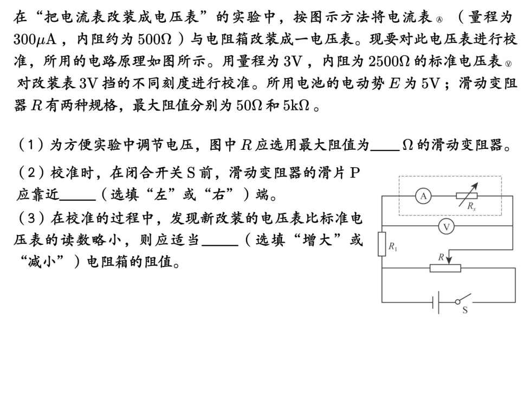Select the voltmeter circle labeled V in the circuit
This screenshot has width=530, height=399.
(x=447, y=227)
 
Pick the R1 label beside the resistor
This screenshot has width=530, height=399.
(x=393, y=247)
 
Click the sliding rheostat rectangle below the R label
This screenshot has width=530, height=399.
(x=445, y=268)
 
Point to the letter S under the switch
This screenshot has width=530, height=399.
(x=464, y=313)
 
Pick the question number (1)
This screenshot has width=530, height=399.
(x=27, y=145)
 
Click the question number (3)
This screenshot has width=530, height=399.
(x=27, y=218)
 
